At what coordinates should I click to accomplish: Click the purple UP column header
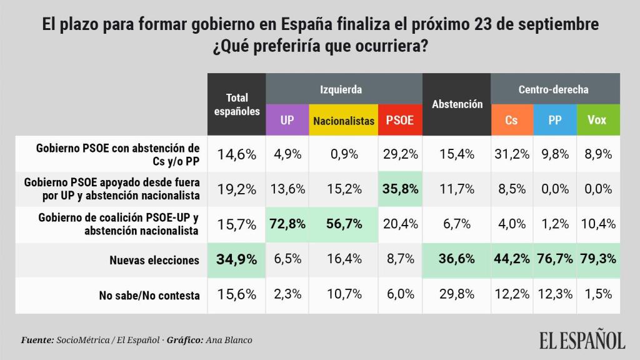point(287,120)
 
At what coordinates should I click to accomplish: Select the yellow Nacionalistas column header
point(344,120)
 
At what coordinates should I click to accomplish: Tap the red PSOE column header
point(400,120)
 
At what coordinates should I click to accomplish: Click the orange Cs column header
point(511,120)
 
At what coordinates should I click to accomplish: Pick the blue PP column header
point(554,120)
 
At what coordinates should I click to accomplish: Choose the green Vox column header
point(597,120)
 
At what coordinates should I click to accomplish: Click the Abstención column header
point(457,104)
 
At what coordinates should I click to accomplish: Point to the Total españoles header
point(237,104)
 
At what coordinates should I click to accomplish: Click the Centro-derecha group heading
point(553,89)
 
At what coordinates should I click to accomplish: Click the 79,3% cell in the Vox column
point(597,259)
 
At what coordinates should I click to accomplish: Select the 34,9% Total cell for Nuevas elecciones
point(237,259)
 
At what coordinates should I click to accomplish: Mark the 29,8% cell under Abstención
point(457,294)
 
